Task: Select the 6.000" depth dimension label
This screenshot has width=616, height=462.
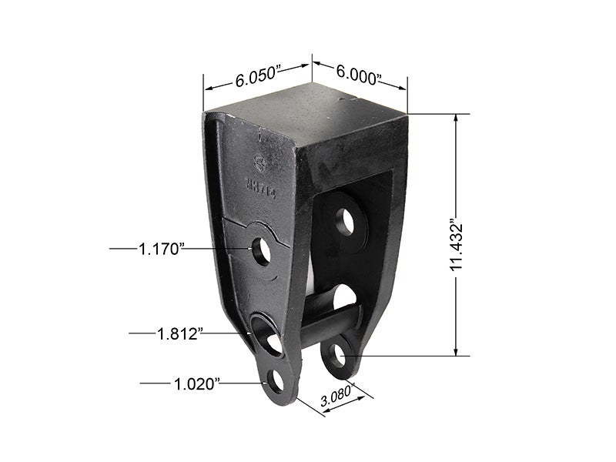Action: (x=360, y=75)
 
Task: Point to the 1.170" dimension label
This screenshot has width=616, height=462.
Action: (x=161, y=249)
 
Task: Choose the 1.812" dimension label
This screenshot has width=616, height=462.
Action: (x=180, y=333)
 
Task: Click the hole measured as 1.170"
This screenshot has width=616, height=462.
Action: (x=262, y=251)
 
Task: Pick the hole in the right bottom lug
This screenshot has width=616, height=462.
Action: (x=336, y=356)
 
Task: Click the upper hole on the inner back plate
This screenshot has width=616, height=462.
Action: (x=346, y=222)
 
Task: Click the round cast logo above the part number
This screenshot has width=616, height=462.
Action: (x=259, y=162)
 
